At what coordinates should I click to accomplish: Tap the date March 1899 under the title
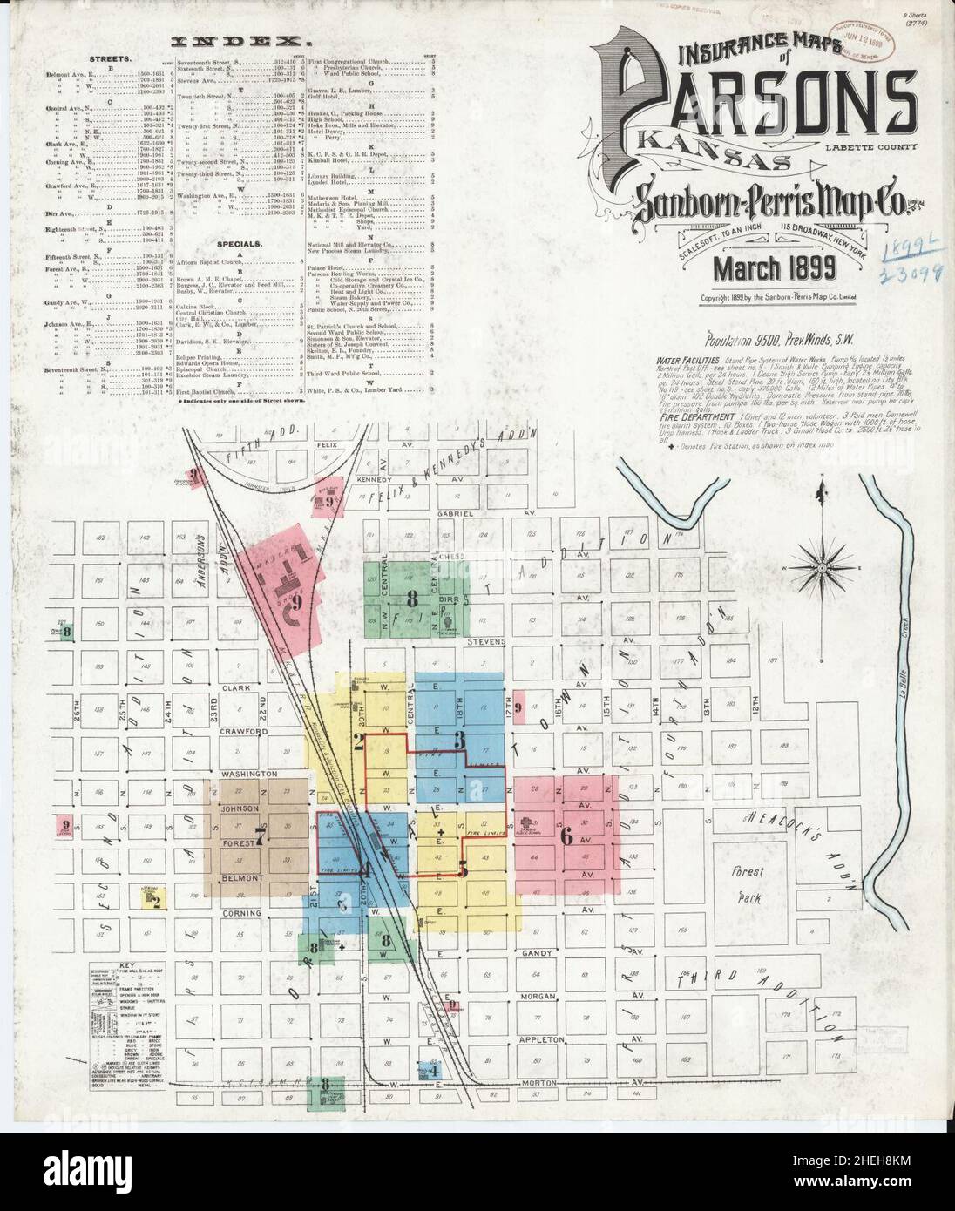(x=775, y=270)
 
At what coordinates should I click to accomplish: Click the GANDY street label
(x=538, y=954)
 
